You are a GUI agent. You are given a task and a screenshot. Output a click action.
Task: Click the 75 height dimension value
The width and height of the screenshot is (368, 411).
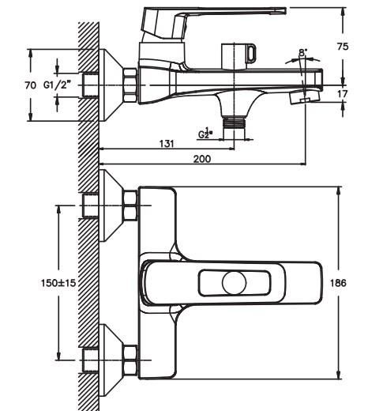click(x=343, y=47)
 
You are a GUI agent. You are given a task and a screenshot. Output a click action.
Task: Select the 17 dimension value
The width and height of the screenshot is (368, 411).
click(x=343, y=93)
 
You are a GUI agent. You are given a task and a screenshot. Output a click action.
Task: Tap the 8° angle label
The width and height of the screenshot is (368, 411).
click(x=303, y=52)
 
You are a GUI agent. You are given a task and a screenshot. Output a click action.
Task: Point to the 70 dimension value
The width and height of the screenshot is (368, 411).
click(x=31, y=85)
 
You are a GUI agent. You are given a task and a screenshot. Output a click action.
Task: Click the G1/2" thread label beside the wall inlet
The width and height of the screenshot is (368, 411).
click(x=58, y=85)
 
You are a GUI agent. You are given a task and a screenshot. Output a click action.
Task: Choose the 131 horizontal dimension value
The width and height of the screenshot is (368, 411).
click(x=167, y=144)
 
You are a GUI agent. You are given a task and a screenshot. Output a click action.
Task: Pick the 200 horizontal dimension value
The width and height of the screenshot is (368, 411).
click(x=202, y=159)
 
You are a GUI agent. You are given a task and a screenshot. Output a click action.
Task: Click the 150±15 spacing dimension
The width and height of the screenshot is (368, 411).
click(x=58, y=283)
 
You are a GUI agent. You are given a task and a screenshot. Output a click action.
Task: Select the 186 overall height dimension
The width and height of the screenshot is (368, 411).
click(x=338, y=283)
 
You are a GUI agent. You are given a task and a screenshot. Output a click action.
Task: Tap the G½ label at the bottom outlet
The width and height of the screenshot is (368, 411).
click(x=205, y=133)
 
